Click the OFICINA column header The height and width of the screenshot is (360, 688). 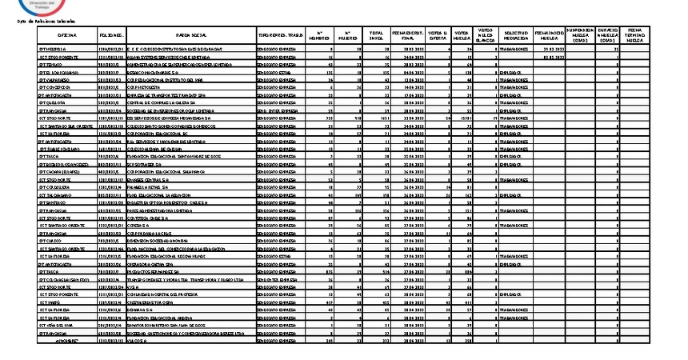point(68,36)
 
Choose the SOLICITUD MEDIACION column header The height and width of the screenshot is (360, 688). point(516,36)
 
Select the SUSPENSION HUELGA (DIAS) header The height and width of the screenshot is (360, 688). point(580,36)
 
